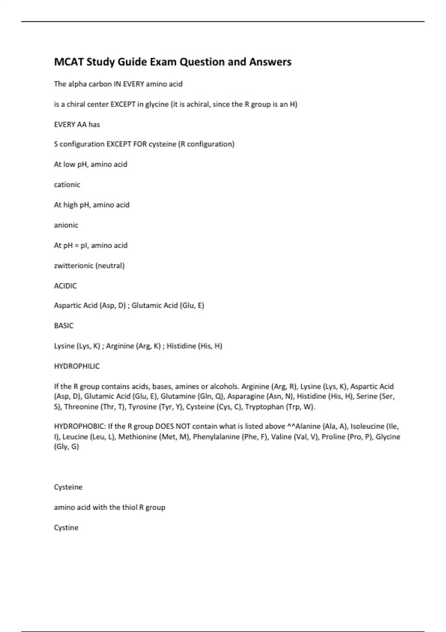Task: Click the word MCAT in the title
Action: [69, 62]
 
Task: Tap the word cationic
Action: [67, 185]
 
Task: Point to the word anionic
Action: [66, 225]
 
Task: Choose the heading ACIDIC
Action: [65, 286]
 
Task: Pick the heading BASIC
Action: [64, 326]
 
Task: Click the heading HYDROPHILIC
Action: [77, 366]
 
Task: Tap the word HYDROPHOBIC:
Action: [80, 426]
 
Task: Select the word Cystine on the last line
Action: [66, 528]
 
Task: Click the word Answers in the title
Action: [270, 62]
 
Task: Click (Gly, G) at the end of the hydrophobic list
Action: [67, 447]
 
